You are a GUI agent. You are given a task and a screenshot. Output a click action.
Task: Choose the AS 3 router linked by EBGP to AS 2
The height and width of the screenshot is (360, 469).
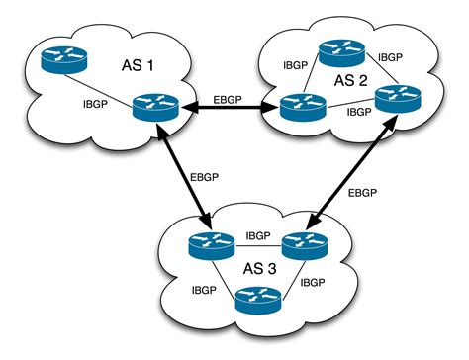click(303, 244)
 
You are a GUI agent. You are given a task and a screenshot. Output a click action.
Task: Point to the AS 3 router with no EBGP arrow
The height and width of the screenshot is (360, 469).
click(257, 298)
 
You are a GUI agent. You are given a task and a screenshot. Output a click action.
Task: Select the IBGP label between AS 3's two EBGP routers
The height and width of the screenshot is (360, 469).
click(257, 236)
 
